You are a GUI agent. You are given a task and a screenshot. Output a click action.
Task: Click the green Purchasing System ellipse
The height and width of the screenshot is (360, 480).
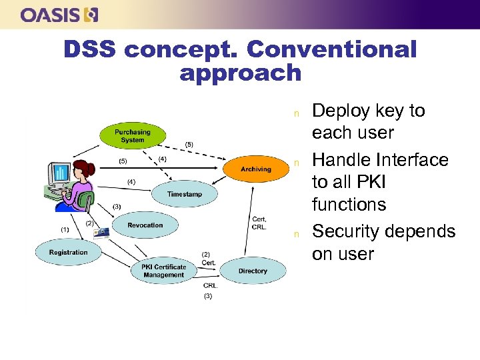[x=132, y=136]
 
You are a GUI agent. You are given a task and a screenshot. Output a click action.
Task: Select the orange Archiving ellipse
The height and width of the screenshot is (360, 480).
[x=255, y=169]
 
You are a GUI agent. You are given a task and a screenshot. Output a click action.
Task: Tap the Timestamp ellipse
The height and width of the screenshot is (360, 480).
[x=184, y=194]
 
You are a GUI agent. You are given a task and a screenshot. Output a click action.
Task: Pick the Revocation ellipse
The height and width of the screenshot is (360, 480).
[x=145, y=225]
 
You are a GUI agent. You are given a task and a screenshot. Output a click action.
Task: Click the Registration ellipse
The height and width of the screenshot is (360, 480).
[x=68, y=253]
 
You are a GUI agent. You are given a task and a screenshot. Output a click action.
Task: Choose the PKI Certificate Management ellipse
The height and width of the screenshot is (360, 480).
[x=163, y=271]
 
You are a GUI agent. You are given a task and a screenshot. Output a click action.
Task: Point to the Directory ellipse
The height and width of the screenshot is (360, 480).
[x=252, y=271]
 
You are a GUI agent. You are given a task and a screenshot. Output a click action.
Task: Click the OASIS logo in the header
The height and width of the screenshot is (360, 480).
[x=59, y=15]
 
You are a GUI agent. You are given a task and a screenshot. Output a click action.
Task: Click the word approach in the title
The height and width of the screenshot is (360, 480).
[x=240, y=73]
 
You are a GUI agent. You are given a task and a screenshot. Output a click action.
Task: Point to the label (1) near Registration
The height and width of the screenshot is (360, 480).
[x=65, y=230]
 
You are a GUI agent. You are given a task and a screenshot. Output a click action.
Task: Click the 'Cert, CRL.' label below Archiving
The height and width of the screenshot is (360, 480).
[x=259, y=223]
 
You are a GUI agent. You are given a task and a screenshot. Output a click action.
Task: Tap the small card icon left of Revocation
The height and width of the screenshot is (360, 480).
[x=102, y=233]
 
